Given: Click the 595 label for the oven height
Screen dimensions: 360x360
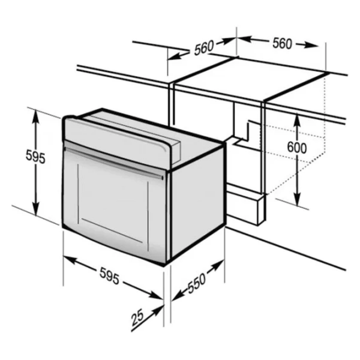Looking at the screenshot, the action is [35, 156].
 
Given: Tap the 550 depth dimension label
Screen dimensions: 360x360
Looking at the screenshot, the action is [197, 283].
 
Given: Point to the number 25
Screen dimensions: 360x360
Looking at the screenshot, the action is [137, 317].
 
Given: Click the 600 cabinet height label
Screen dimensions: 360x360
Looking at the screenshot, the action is [297, 148].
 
